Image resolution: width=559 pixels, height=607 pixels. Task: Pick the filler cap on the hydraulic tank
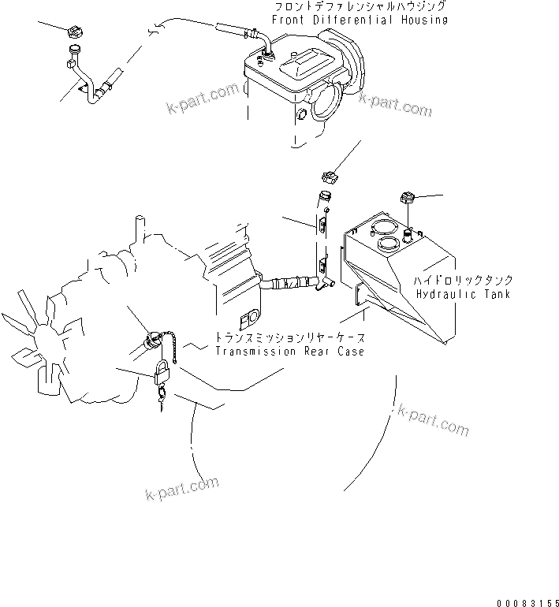pyautogui.click(x=408, y=198)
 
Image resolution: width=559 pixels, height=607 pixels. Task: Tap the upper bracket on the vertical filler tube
pyautogui.click(x=322, y=226)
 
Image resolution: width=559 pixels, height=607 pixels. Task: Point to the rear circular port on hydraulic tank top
pyautogui.click(x=382, y=226)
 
